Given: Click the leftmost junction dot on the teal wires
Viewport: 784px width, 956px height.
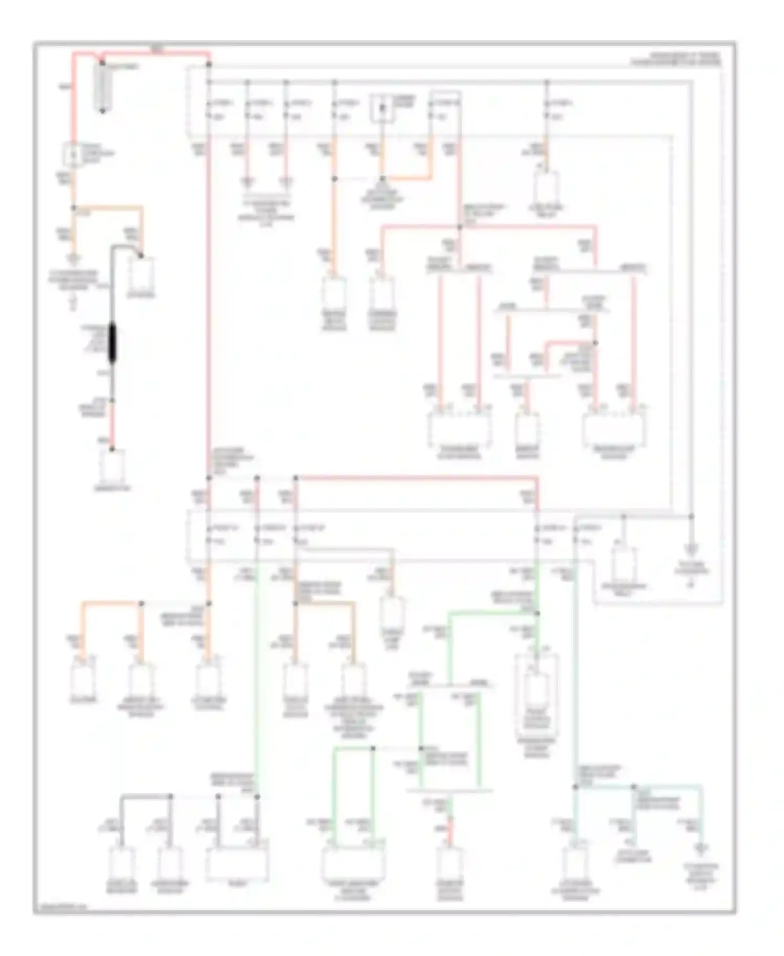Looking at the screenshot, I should (575, 787).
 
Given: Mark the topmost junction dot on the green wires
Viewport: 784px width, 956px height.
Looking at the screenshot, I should (537, 613).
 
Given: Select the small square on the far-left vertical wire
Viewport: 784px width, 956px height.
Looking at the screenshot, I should (73, 155).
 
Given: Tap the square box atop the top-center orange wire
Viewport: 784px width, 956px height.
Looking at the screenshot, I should (383, 109).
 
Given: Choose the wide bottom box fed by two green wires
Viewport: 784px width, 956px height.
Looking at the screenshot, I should (353, 863).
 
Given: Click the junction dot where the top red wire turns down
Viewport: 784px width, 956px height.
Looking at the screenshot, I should (209, 64).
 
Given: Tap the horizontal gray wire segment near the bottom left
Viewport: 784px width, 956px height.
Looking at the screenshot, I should (146, 796).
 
